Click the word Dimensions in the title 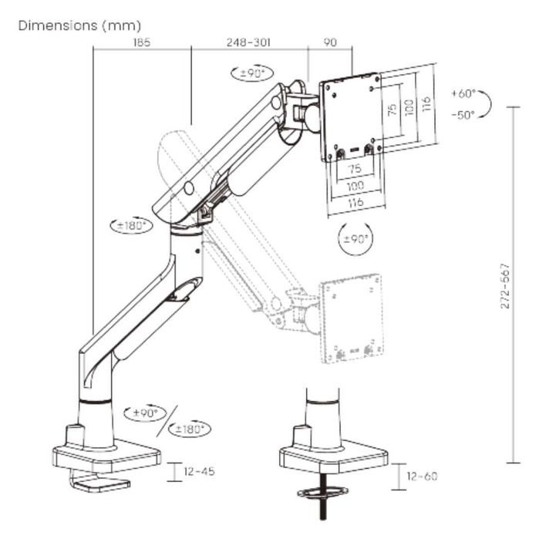[58, 25]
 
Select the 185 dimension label [142, 42]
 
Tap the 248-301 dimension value [248, 42]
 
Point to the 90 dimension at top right [330, 42]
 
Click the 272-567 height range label [504, 286]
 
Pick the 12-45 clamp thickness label [200, 471]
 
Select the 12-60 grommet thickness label [422, 476]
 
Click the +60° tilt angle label [463, 93]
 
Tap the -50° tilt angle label [463, 115]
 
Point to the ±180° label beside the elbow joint [131, 226]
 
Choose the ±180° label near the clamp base [190, 429]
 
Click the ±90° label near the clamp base [145, 413]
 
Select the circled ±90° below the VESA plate [355, 238]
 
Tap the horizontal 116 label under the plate [355, 203]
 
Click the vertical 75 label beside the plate [392, 109]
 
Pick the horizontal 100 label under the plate [355, 186]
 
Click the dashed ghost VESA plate [351, 318]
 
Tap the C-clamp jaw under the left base [100, 482]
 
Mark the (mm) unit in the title [121, 25]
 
